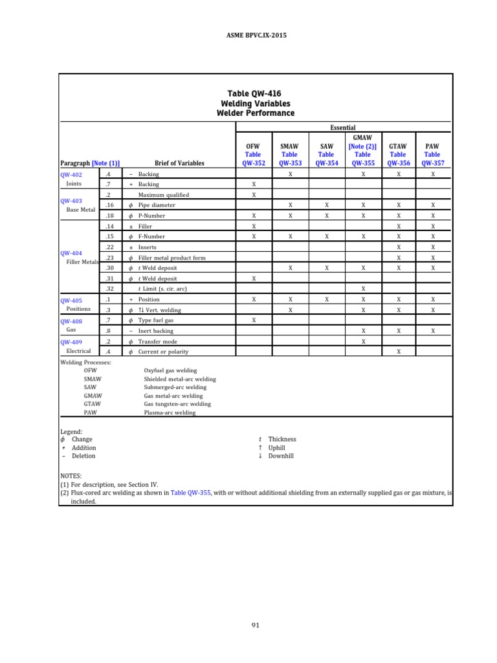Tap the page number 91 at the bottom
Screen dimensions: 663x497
pos(255,625)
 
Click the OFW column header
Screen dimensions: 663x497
pos(253,147)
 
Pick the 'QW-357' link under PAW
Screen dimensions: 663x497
pos(433,164)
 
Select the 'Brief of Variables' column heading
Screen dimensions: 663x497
pos(179,164)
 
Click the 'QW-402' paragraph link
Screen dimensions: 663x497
pos(71,175)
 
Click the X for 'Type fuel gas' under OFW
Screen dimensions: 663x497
pos(254,320)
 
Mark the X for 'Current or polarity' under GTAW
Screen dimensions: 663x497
pos(399,352)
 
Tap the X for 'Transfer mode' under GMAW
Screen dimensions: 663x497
pos(363,341)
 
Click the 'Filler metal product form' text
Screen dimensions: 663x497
pos(171,258)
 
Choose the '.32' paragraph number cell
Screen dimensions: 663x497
pos(109,289)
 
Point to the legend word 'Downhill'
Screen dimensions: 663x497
pos(281,456)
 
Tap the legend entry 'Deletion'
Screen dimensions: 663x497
pos(83,456)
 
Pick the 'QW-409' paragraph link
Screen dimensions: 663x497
pos(71,343)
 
